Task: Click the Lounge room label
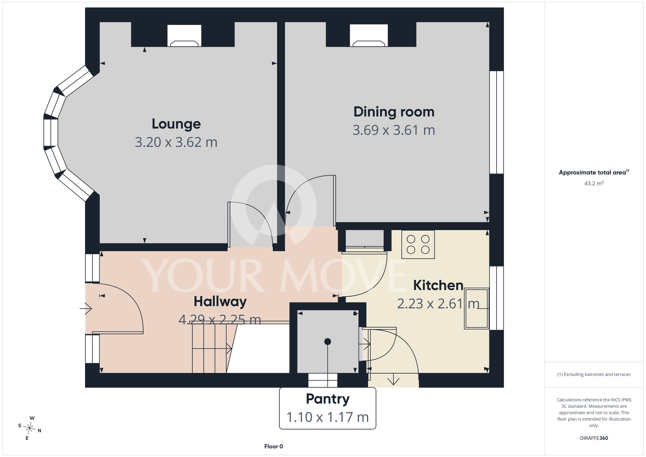(x=176, y=124)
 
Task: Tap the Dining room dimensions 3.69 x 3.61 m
(x=394, y=130)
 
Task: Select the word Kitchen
(x=438, y=285)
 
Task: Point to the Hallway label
(x=220, y=302)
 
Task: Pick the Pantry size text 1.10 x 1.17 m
(x=328, y=417)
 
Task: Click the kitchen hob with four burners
(x=418, y=244)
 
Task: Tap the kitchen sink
(x=476, y=309)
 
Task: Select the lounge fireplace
(x=184, y=36)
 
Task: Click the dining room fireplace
(x=369, y=36)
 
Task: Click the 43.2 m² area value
(x=594, y=183)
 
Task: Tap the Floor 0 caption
(x=274, y=446)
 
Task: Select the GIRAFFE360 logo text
(x=594, y=438)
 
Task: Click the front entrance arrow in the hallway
(x=86, y=309)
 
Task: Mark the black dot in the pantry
(x=328, y=342)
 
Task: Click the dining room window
(x=496, y=122)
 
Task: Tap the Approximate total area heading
(x=594, y=172)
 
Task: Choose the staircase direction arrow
(x=212, y=349)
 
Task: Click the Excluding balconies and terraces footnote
(x=594, y=375)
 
